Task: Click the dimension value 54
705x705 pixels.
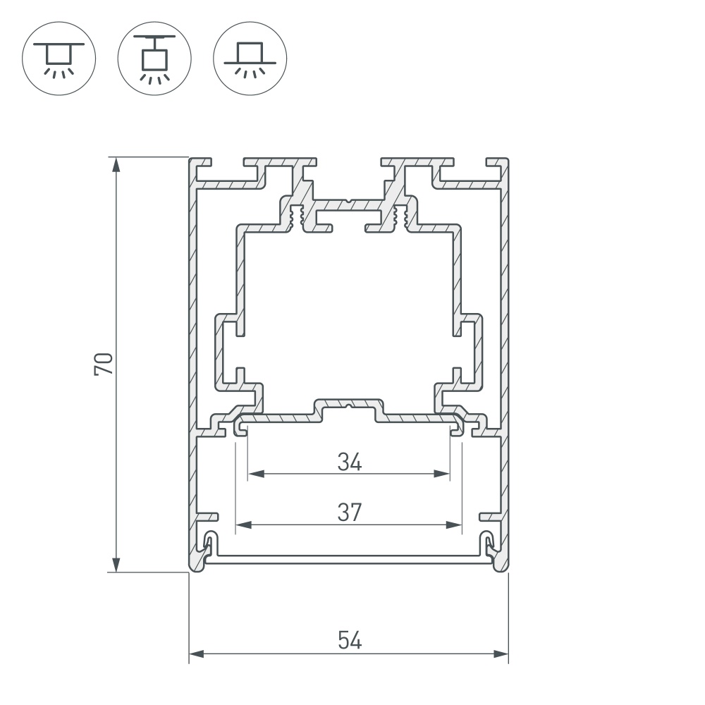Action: (349, 640)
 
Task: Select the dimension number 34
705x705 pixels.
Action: (349, 462)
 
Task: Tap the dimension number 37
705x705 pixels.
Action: (349, 513)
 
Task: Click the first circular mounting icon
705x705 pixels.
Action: (60, 57)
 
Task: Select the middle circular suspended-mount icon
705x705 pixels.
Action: (155, 57)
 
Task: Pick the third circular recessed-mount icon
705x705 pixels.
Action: (250, 57)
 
